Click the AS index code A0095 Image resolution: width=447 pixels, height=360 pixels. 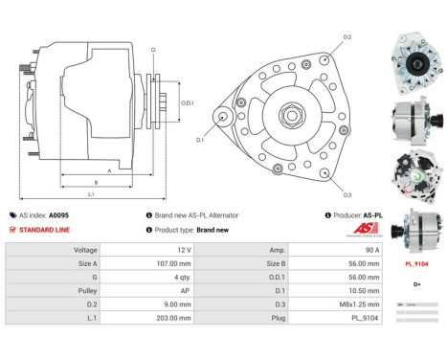[x=59, y=216]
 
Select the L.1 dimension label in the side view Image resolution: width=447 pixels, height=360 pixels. [x=90, y=195]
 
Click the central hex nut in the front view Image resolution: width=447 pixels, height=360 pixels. [x=292, y=116]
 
